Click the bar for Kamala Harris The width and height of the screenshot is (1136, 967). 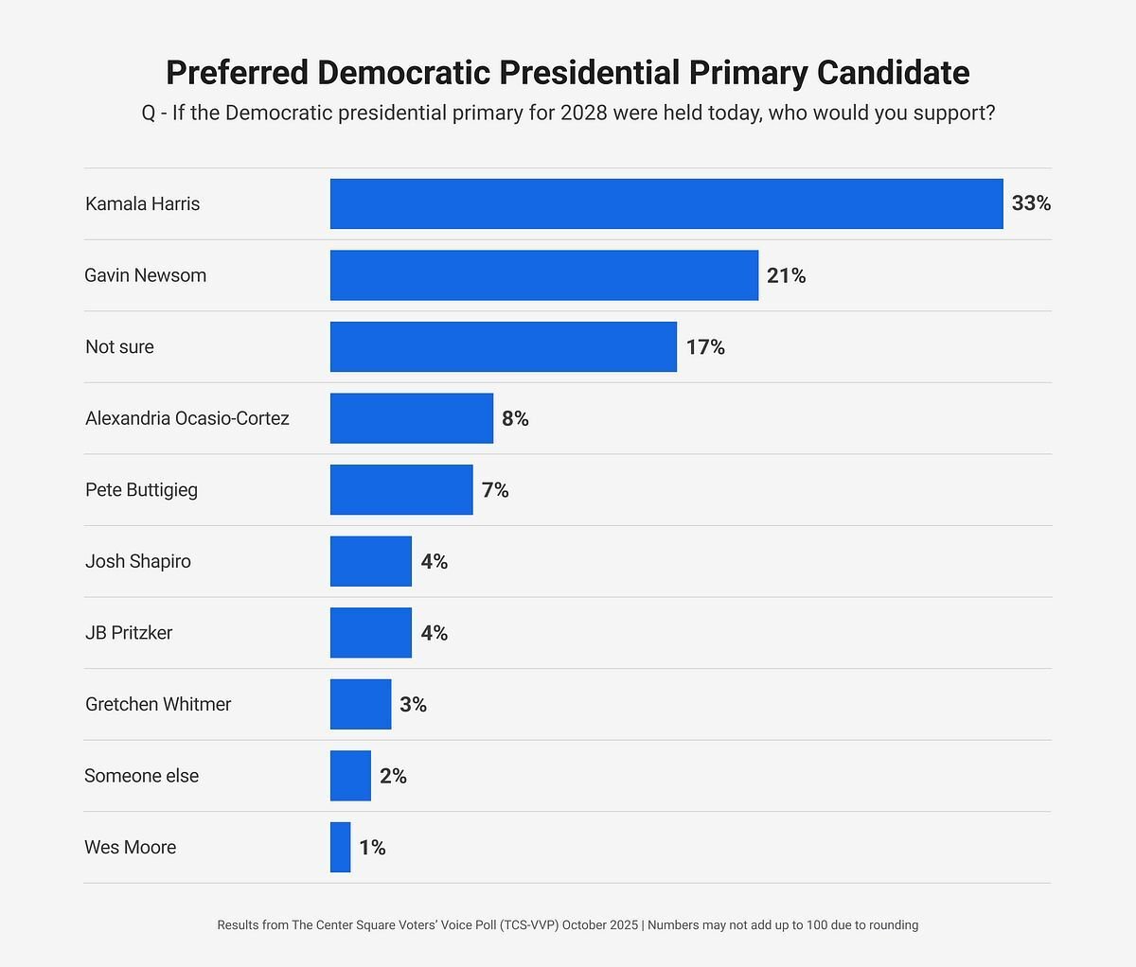coord(666,203)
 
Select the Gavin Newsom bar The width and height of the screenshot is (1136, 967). coord(544,275)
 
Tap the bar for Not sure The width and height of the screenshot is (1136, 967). coord(504,346)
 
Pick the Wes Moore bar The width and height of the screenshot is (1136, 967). coord(340,847)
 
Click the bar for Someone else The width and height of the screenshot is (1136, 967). coord(350,776)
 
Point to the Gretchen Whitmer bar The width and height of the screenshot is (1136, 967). coord(361,704)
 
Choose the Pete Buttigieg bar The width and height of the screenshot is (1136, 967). coord(401,490)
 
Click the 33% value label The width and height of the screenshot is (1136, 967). coord(1031,203)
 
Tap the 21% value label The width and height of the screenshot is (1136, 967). coord(787,275)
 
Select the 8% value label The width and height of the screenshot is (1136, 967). coord(515,418)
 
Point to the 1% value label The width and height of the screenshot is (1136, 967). coord(372,848)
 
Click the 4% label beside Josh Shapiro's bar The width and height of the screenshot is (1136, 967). coord(435,562)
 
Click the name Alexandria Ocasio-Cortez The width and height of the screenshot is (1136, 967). coord(187,418)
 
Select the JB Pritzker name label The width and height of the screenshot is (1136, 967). coord(129,633)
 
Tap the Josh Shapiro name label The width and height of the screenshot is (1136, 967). coord(138,561)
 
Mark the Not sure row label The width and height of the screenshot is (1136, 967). coord(119,347)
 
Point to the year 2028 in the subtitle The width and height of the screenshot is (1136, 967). coord(584,114)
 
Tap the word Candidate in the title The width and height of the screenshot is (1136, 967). coord(893,73)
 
